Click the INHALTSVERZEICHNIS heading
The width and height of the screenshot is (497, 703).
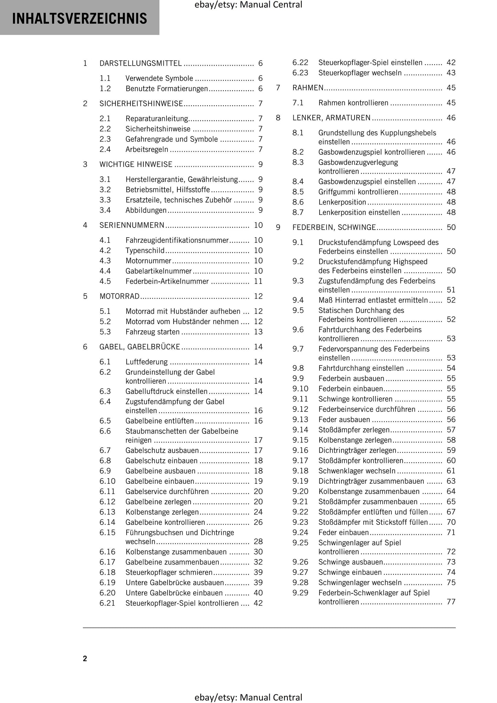[x=79, y=18]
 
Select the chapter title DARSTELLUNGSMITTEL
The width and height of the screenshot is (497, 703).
[x=140, y=63]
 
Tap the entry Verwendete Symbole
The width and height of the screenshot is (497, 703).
[x=159, y=78]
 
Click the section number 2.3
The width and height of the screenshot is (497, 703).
[x=105, y=139]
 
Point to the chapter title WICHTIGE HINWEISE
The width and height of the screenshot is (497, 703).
[x=136, y=164]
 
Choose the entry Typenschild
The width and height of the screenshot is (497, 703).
[x=145, y=251]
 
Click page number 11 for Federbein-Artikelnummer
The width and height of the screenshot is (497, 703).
[x=258, y=282]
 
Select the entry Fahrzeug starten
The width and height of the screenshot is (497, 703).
[x=152, y=332]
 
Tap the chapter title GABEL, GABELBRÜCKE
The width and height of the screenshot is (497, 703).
[x=140, y=347]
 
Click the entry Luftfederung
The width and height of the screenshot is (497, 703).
[x=147, y=362]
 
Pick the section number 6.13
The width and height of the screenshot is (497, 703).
[x=107, y=512]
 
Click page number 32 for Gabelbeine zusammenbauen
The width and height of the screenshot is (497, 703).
[x=258, y=562]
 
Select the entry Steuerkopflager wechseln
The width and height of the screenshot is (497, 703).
[x=360, y=73]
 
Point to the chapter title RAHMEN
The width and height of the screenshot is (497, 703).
[x=308, y=88]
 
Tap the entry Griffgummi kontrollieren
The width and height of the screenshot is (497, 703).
[x=358, y=192]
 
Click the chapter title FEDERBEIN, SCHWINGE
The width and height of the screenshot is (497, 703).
[x=334, y=228]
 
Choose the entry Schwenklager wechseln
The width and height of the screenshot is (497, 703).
[x=357, y=471]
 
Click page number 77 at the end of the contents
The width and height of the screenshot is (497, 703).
[x=451, y=602]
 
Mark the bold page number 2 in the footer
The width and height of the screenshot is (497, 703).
[x=85, y=659]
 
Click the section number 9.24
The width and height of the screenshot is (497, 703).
[x=300, y=532]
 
